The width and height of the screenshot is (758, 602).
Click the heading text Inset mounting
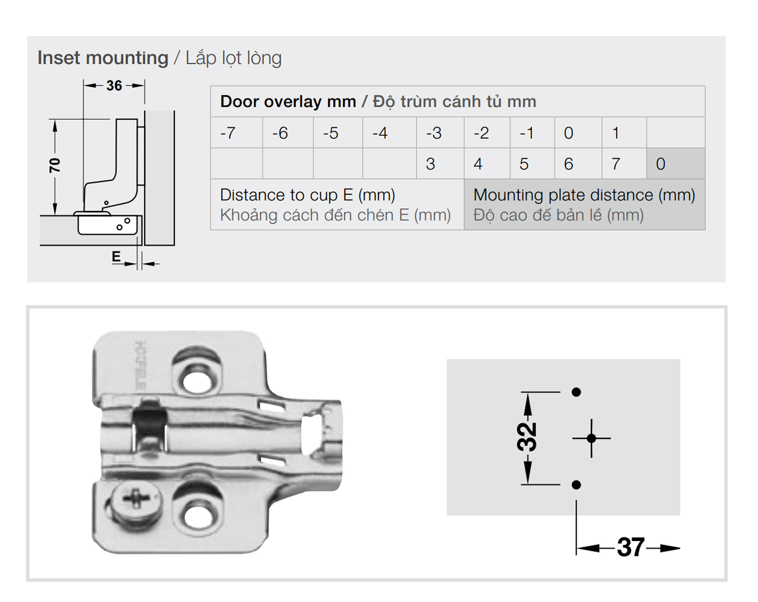tap(103, 58)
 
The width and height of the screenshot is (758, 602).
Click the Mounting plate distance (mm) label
tap(584, 195)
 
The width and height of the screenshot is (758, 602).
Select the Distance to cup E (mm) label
tap(307, 195)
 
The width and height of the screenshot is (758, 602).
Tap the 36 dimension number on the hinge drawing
tap(114, 85)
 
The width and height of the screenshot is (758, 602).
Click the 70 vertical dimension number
tap(55, 165)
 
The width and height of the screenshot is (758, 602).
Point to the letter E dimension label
tap(116, 256)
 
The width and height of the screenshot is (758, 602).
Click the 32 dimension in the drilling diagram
tap(527, 438)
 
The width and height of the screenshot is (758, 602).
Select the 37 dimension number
tap(630, 547)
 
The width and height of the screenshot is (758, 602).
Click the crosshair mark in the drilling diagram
tap(591, 438)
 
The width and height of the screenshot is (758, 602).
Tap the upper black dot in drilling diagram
tap(576, 392)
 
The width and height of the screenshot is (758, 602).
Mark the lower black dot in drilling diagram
tap(576, 485)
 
